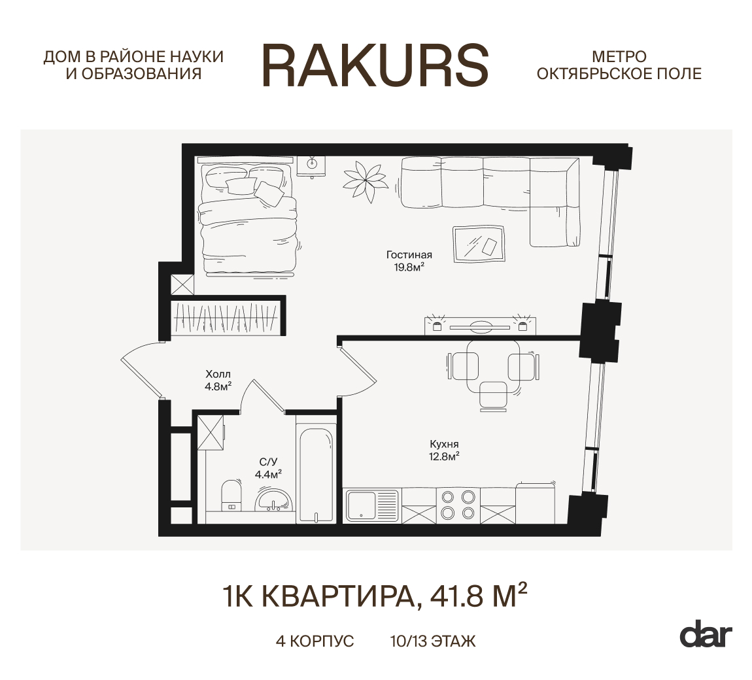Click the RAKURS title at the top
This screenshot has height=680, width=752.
coord(375,65)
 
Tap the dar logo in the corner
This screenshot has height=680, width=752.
coord(706,636)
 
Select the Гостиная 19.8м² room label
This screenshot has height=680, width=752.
coord(409,261)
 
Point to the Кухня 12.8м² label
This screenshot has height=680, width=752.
coord(444,450)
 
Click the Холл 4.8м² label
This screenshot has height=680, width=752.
coord(218,380)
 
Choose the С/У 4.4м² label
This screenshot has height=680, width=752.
coord(268,468)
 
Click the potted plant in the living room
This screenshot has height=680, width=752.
coord(366,181)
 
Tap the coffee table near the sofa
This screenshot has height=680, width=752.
coord(479,244)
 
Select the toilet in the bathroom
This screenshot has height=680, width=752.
coord(232,496)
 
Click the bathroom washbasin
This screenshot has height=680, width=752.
coord(274,500)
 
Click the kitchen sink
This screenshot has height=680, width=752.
coord(372,505)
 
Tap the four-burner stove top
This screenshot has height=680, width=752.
coord(458,505)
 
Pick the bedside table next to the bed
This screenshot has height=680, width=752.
coord(312,166)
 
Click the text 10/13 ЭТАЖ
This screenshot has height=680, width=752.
coord(433,641)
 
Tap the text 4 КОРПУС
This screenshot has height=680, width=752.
coord(315,641)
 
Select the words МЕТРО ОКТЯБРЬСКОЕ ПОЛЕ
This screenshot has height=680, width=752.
coord(619,65)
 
